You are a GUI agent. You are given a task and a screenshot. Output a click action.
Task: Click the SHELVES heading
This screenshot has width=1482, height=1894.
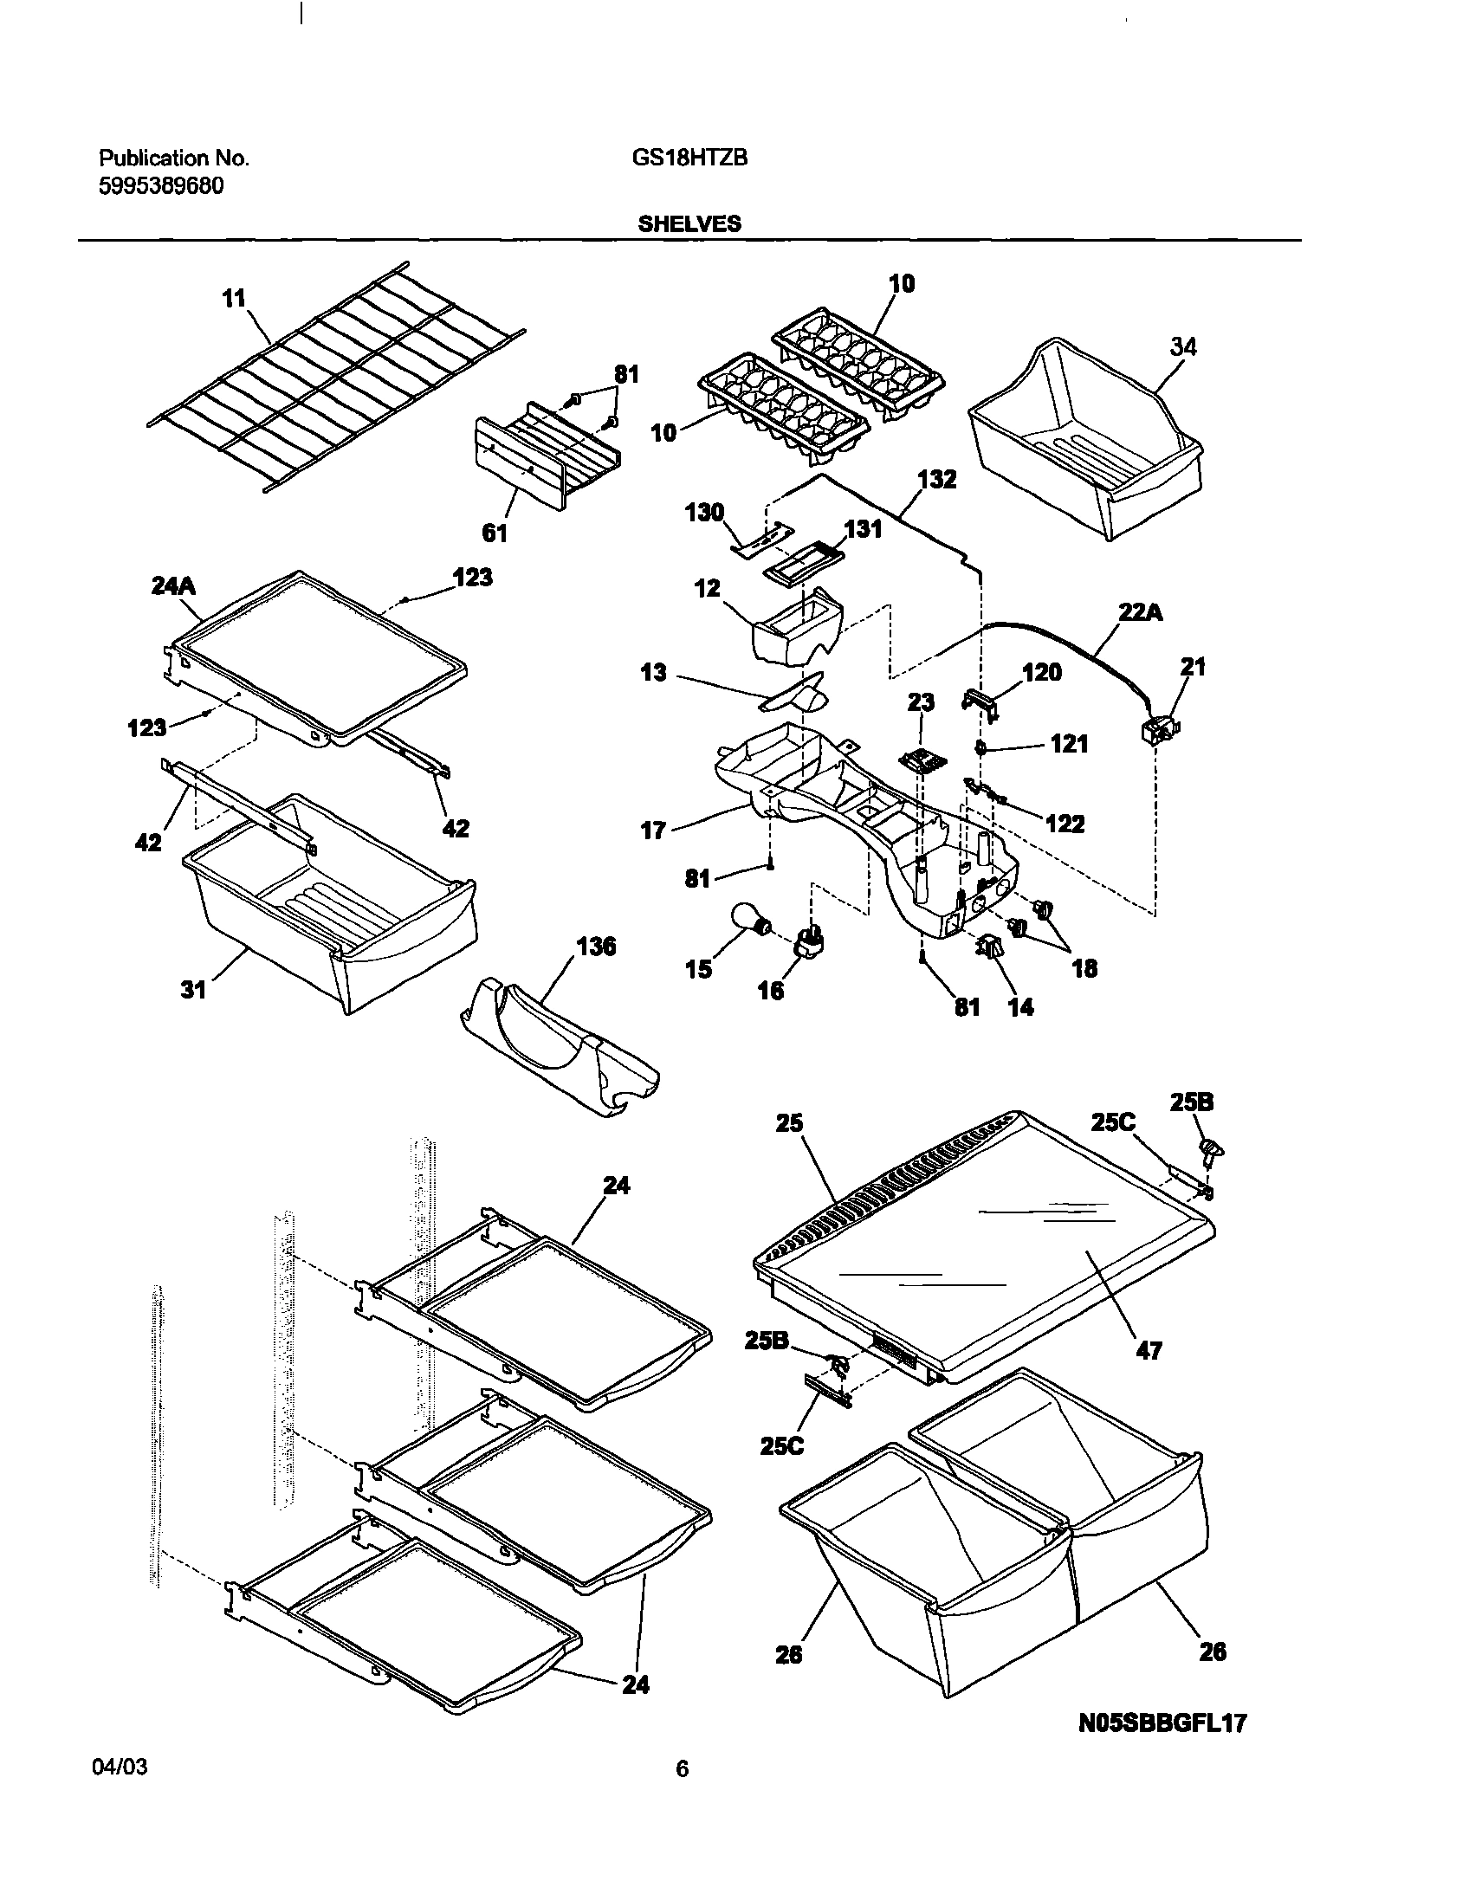click(689, 223)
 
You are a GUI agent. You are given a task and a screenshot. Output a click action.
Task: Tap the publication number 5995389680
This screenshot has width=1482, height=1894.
click(161, 185)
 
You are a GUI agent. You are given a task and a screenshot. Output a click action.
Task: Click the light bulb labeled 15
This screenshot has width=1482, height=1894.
click(747, 921)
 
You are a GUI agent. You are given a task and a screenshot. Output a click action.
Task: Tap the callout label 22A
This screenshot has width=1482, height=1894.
click(1141, 612)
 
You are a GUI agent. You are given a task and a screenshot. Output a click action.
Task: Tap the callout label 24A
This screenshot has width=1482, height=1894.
click(173, 586)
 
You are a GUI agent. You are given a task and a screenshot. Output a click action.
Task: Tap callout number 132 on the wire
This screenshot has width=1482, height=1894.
click(937, 479)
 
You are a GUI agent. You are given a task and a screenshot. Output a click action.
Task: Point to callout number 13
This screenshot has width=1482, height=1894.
click(653, 672)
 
